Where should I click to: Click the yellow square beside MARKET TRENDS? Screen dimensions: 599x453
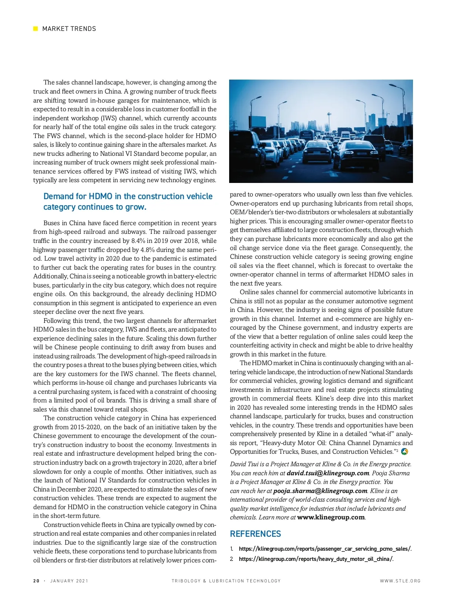point(35,29)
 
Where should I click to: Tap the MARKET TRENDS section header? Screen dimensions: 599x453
point(69,29)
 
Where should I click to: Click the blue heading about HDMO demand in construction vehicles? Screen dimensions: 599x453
point(128,201)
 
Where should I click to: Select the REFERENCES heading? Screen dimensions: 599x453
point(256,534)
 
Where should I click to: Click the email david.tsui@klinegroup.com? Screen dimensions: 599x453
point(328,473)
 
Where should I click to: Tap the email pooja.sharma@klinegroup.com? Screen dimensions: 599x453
point(320,491)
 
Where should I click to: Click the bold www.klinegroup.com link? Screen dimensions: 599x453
point(331,517)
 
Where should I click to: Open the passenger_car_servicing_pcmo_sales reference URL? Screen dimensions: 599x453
point(325,549)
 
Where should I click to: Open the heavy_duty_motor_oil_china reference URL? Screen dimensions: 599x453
point(316,559)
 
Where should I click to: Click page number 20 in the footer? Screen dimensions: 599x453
point(36,581)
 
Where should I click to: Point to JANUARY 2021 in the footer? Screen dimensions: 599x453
point(69,581)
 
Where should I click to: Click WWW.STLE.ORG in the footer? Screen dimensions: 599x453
point(400,581)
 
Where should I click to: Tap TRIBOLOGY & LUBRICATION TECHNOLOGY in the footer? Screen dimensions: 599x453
point(226,581)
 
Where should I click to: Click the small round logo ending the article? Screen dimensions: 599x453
point(405,452)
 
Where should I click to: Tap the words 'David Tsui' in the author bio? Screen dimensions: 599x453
point(244,464)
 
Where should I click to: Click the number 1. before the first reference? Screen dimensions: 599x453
point(232,549)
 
